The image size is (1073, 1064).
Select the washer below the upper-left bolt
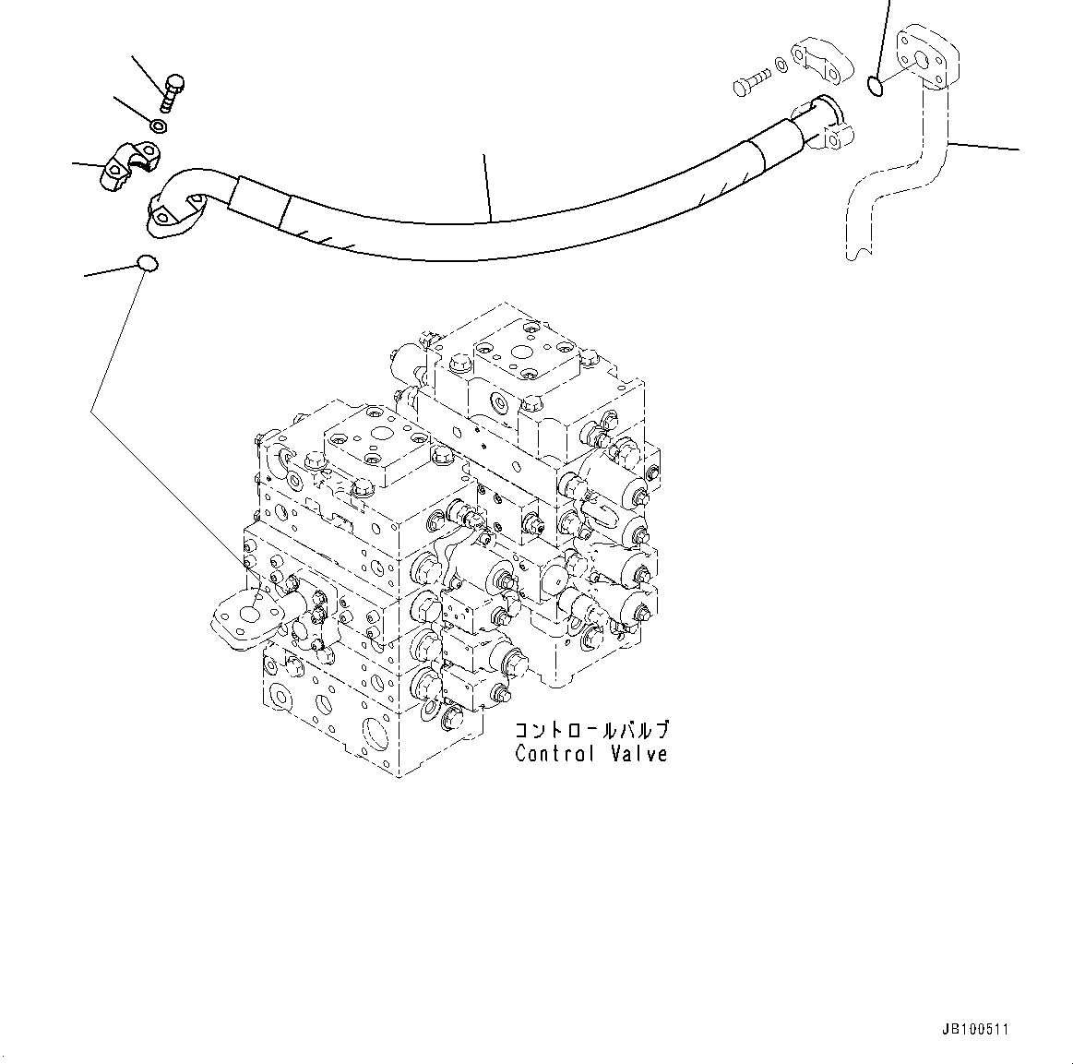pos(159,126)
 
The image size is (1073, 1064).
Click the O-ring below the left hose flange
pos(147,264)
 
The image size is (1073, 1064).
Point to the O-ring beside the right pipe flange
pos(876,87)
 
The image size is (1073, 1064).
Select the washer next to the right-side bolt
pos(781,65)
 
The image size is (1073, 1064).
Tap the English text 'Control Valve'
pos(590,754)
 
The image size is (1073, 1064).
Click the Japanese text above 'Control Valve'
pos(590,730)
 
